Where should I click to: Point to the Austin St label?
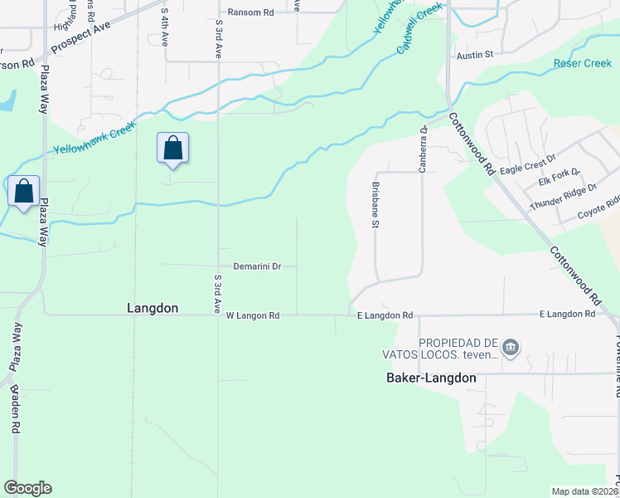pyautogui.click(x=475, y=55)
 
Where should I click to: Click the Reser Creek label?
pyautogui.click(x=582, y=63)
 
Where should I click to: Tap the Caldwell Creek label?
pyautogui.click(x=419, y=28)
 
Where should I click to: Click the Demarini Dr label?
pyautogui.click(x=258, y=266)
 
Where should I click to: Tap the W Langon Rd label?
pyautogui.click(x=253, y=315)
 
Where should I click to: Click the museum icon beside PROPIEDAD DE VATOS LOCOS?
pyautogui.click(x=511, y=347)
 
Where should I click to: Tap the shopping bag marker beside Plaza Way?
pyautogui.click(x=24, y=191)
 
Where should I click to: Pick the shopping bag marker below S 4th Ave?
pyautogui.click(x=172, y=148)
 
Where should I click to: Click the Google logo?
pyautogui.click(x=27, y=488)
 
